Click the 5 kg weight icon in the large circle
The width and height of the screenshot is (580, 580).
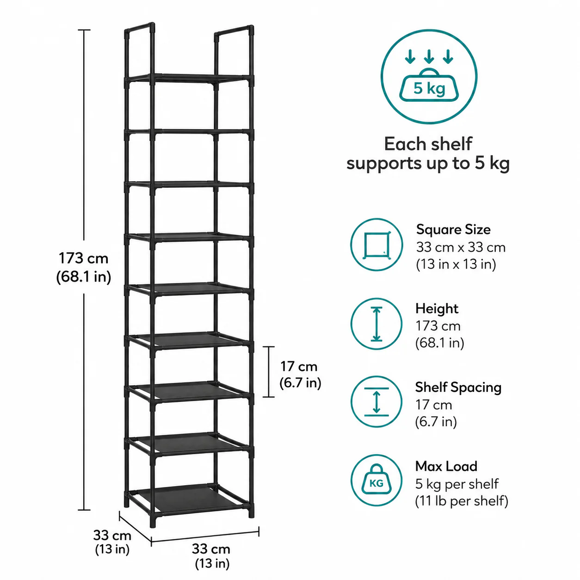point(429,85)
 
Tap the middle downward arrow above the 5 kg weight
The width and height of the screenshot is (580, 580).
point(429,56)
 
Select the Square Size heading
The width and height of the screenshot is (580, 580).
point(453,229)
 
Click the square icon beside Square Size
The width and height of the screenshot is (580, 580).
point(376,245)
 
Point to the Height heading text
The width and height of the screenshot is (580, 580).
point(437,309)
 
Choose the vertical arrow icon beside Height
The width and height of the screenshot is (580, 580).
point(376,324)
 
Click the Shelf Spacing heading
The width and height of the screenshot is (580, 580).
point(458,388)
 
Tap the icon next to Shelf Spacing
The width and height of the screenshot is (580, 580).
point(376,402)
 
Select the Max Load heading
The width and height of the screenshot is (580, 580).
point(446,466)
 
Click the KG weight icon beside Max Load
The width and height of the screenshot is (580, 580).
point(376,481)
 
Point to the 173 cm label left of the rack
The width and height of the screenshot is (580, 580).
point(83,259)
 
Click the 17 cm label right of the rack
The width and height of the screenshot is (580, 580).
point(299,367)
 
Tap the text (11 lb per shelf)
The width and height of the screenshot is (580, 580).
point(462,501)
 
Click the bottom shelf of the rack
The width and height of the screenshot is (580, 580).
point(189,497)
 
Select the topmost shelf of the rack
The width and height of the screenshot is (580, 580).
point(189,78)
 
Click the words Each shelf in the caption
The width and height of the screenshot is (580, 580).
point(428,144)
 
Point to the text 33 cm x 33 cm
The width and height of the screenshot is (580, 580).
point(461,247)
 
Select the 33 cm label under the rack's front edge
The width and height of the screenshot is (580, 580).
point(211,549)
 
